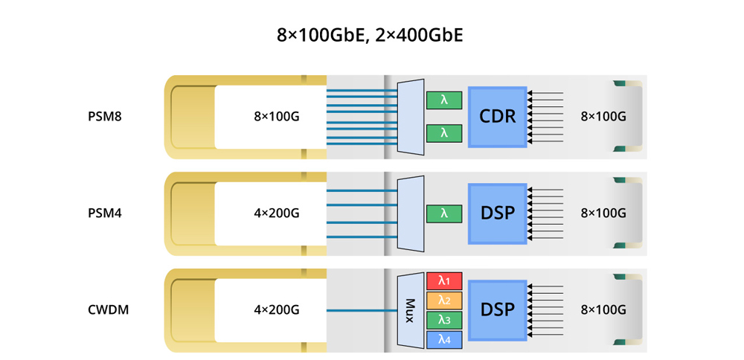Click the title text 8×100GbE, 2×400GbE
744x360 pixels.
(x=369, y=35)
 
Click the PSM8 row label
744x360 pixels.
(x=105, y=117)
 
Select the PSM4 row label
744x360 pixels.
(x=105, y=213)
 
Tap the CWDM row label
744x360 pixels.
(x=108, y=310)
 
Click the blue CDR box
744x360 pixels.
(x=497, y=117)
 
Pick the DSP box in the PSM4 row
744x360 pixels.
(x=497, y=213)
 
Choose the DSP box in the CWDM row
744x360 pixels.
(x=497, y=309)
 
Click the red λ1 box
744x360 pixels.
(x=444, y=281)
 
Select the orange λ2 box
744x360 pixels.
(x=444, y=300)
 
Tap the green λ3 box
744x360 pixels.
(x=444, y=320)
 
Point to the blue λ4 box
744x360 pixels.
(x=444, y=339)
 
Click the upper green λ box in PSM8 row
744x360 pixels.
(x=444, y=100)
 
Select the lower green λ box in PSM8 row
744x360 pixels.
(x=444, y=133)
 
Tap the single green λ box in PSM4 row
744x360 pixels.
(x=444, y=213)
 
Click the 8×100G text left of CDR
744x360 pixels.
(x=276, y=117)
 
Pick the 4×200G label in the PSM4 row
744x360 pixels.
(x=276, y=213)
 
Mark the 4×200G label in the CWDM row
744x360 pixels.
(x=276, y=310)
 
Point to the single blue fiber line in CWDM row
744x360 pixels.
(x=361, y=310)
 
